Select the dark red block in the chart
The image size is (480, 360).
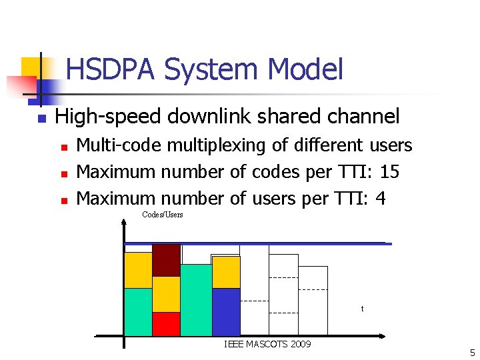pos(166,260)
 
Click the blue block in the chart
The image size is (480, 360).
pos(226,311)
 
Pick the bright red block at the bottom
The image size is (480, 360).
pos(166,323)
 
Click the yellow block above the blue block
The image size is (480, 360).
pos(226,272)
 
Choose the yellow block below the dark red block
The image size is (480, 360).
pos(166,294)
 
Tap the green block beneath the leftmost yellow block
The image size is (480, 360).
pos(138,311)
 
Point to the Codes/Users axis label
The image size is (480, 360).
pos(162,215)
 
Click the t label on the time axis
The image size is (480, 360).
pos(362,309)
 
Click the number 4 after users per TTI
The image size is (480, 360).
pos(381,199)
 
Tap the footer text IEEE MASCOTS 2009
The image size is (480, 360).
pos(267,344)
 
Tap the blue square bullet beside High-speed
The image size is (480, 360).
pos(41,119)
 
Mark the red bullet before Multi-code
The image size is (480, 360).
pos(64,146)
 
